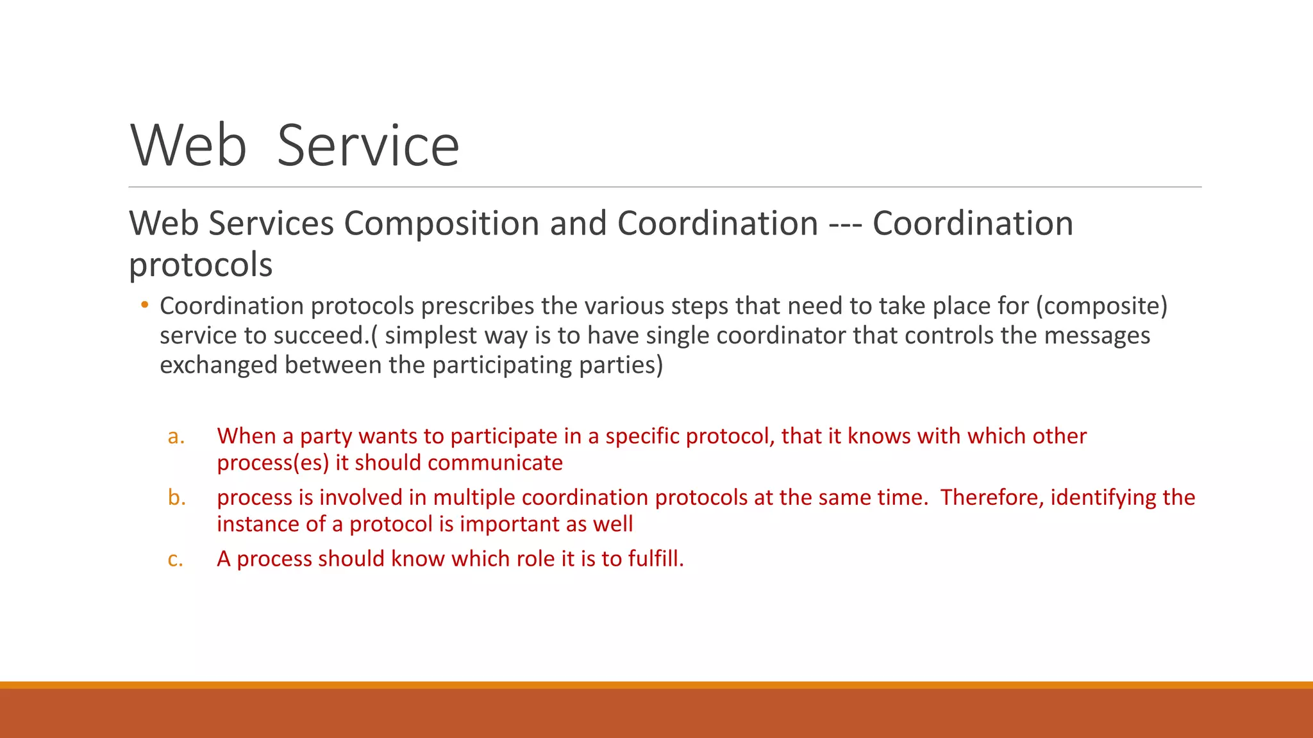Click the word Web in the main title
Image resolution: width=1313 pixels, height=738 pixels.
tap(188, 146)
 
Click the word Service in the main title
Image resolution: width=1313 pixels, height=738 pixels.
tap(368, 146)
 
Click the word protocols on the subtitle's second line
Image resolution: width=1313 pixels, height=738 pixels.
tap(201, 265)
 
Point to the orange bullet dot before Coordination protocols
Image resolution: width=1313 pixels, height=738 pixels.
tap(145, 305)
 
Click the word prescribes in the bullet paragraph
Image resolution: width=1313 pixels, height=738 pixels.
tap(477, 306)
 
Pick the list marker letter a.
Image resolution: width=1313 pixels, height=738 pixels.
tap(176, 437)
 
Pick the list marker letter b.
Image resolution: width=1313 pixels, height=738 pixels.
tap(176, 498)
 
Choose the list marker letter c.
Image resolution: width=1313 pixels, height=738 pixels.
tap(175, 559)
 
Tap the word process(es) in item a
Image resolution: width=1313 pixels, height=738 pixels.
tap(272, 463)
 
